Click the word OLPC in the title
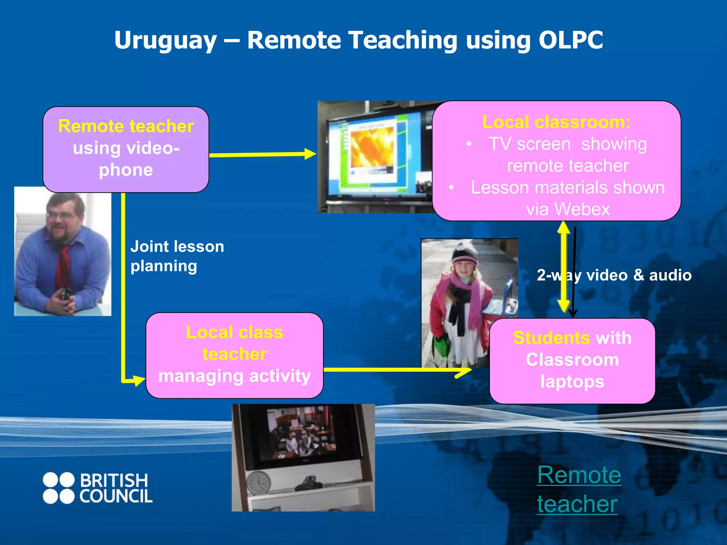pos(570,40)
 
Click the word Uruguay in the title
pos(165,40)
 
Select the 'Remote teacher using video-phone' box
pos(126,149)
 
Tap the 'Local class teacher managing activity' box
pos(234,355)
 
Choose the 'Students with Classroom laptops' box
pos(572,360)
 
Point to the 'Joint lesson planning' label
pos(177,256)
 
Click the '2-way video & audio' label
pos(614,275)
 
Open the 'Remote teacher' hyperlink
pos(579,489)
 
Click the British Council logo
pos(98,488)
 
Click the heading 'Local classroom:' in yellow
pos(556,122)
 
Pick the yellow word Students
pos(551,338)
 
